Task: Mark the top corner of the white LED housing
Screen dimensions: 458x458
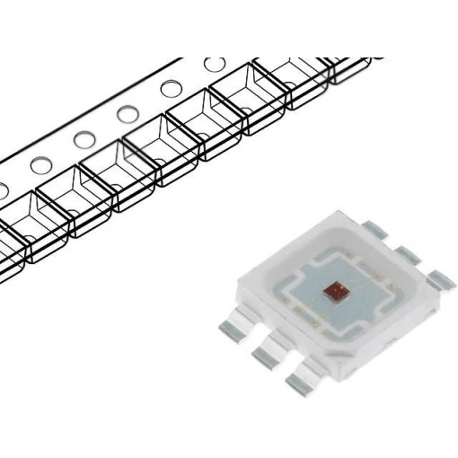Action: [x=341, y=208]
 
